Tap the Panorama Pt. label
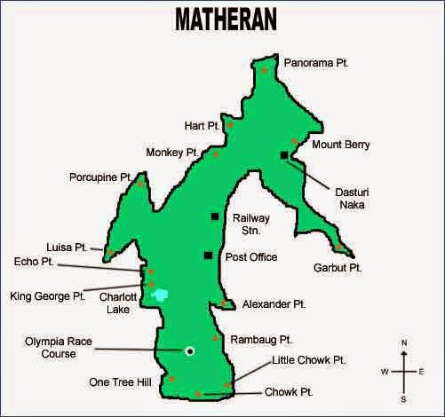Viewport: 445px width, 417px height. coord(317,63)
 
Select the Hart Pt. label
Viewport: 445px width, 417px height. coord(202,126)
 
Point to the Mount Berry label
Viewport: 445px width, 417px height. coord(341,144)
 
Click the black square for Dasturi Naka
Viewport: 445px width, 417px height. coord(283,155)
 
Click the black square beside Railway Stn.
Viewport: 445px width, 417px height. coord(214,216)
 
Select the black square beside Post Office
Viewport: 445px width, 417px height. coord(207,256)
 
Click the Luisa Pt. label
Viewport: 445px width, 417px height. coord(67,247)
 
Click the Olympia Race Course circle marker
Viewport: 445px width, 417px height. coord(189,350)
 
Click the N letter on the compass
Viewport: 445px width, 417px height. coord(404,342)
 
